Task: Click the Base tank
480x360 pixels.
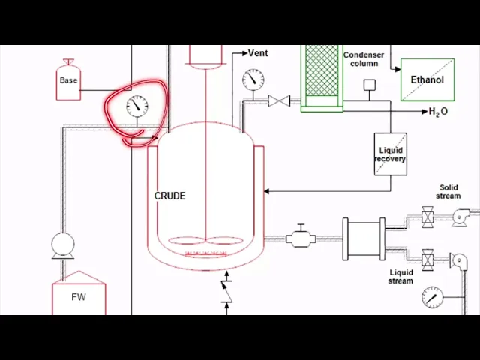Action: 68,80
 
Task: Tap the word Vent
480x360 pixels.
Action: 258,53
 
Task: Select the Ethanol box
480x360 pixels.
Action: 427,80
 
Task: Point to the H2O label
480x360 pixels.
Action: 439,112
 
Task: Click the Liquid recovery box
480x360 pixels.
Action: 390,154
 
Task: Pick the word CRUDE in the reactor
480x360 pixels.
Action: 169,196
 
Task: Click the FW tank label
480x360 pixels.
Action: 79,297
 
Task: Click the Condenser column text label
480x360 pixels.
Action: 364,59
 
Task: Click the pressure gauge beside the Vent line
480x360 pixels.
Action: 253,79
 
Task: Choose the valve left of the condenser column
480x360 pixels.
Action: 280,100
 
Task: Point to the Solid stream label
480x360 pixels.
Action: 448,192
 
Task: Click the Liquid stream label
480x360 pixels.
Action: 401,276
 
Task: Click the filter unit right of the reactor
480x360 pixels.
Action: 364,239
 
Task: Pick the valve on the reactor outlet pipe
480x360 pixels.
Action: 301,238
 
